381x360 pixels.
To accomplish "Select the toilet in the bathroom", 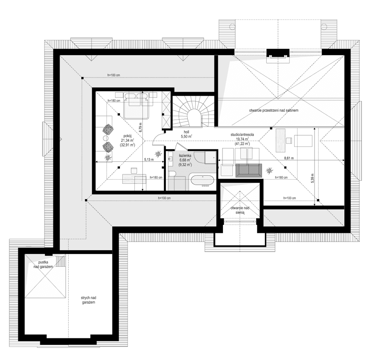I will tap(173, 174).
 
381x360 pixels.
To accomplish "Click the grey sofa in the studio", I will tap(249, 169).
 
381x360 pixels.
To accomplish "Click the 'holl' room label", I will tap(186, 132).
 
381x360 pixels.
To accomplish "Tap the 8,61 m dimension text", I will tap(289, 157).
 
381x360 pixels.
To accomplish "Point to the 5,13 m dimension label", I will tap(148, 160).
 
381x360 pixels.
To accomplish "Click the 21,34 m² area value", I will tap(127, 140).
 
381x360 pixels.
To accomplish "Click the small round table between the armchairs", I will tap(106, 138).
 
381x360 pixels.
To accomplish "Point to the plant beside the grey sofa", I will tap(269, 171).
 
